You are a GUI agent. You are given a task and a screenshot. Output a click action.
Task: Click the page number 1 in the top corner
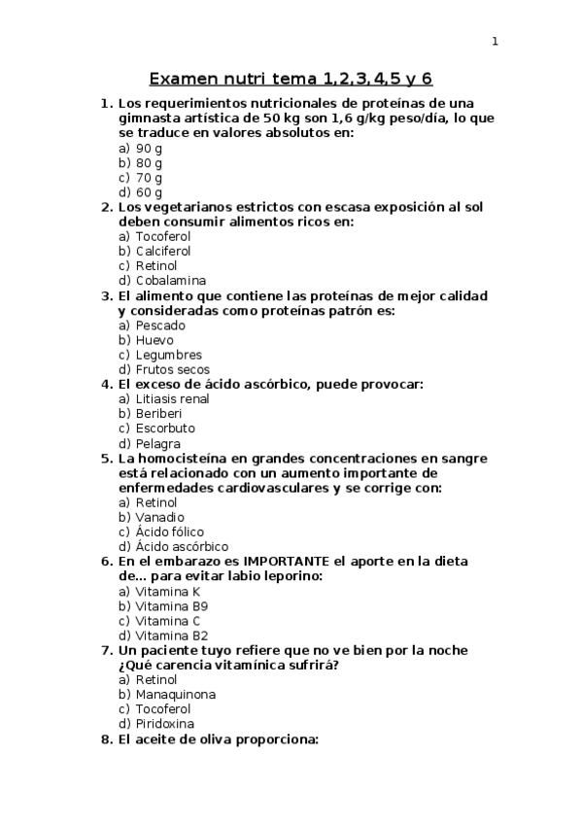[x=495, y=41]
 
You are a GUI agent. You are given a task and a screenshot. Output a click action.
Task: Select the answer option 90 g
[x=149, y=149]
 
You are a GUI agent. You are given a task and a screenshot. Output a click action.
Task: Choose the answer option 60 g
[x=149, y=192]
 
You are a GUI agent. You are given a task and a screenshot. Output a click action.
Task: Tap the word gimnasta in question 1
[x=151, y=119]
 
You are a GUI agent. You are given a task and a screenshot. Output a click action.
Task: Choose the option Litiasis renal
[x=172, y=399]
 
